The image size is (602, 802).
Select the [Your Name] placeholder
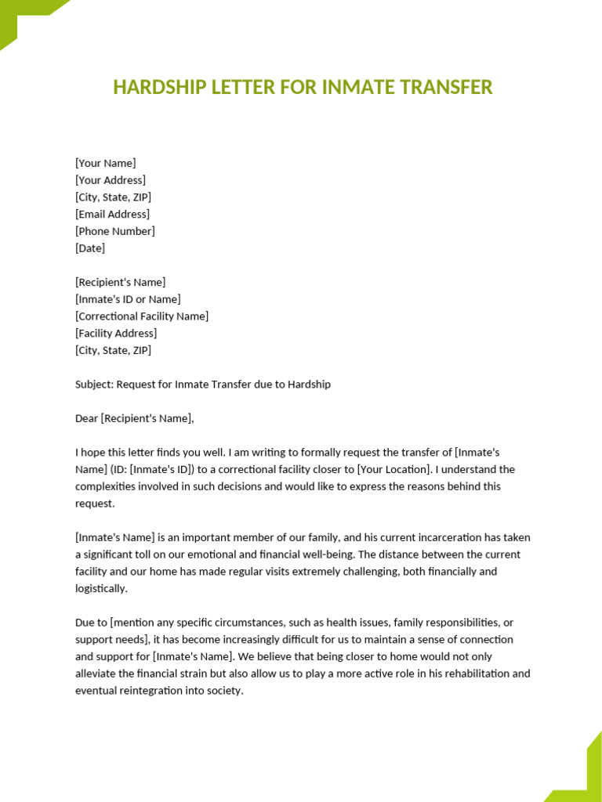[105, 163]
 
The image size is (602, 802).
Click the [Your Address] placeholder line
[111, 180]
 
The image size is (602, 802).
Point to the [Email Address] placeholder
[112, 214]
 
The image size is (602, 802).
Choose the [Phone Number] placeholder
[115, 231]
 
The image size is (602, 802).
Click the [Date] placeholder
[90, 248]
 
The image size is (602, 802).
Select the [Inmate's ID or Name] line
[128, 299]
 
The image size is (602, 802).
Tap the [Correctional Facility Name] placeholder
[142, 316]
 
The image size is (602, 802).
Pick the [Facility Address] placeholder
[116, 334]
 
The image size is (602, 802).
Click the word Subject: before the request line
[94, 385]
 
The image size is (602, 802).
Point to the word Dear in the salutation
[86, 418]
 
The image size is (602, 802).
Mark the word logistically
[100, 588]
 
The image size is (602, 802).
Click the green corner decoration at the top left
[24, 20]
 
